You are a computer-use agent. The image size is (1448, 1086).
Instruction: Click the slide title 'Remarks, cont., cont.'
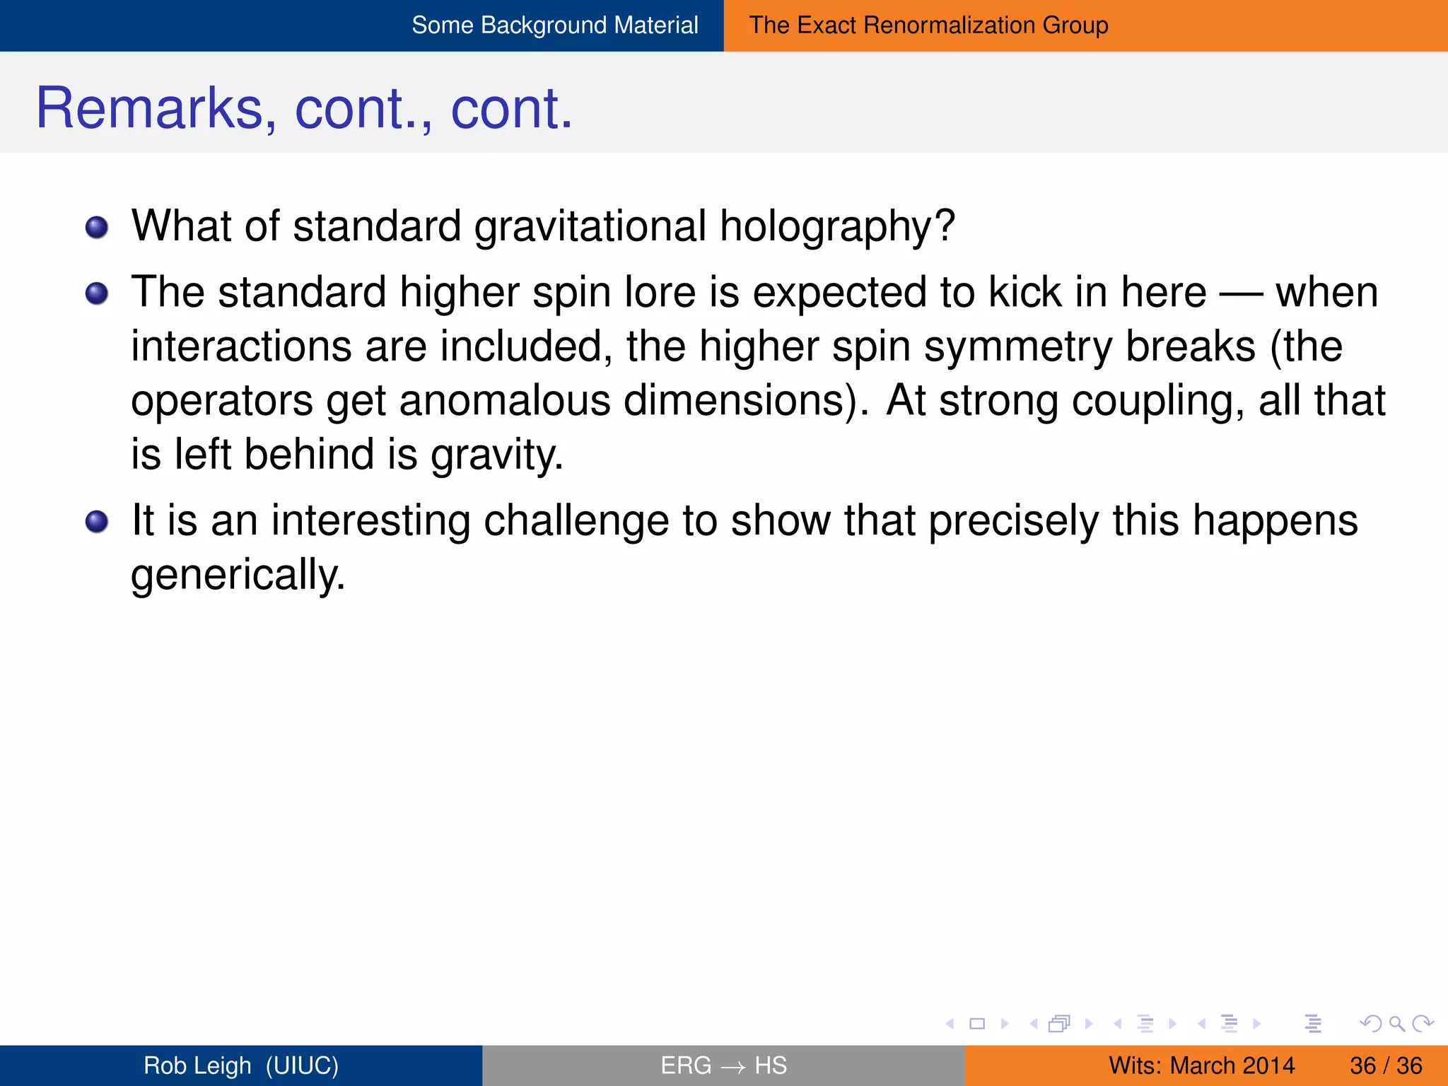(304, 108)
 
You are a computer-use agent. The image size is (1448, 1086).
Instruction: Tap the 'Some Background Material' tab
(554, 25)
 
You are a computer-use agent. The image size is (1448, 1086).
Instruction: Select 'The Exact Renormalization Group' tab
(928, 25)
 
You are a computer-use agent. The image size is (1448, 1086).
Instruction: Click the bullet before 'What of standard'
(97, 228)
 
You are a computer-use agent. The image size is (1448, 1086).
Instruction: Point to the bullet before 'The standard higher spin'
(97, 293)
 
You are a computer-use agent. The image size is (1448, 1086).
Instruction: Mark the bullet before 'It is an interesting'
(97, 522)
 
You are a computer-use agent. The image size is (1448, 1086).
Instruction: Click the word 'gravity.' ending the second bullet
(497, 455)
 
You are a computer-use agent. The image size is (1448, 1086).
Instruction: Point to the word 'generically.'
(238, 575)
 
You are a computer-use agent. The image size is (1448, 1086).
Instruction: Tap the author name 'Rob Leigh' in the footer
(197, 1065)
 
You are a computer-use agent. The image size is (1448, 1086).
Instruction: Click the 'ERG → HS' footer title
(723, 1065)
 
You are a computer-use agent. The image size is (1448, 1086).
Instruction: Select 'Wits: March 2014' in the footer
(1201, 1065)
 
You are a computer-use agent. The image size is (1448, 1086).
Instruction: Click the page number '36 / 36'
(1386, 1065)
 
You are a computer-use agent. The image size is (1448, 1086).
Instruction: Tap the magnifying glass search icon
(1396, 1023)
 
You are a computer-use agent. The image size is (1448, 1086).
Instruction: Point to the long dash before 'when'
(1241, 293)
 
